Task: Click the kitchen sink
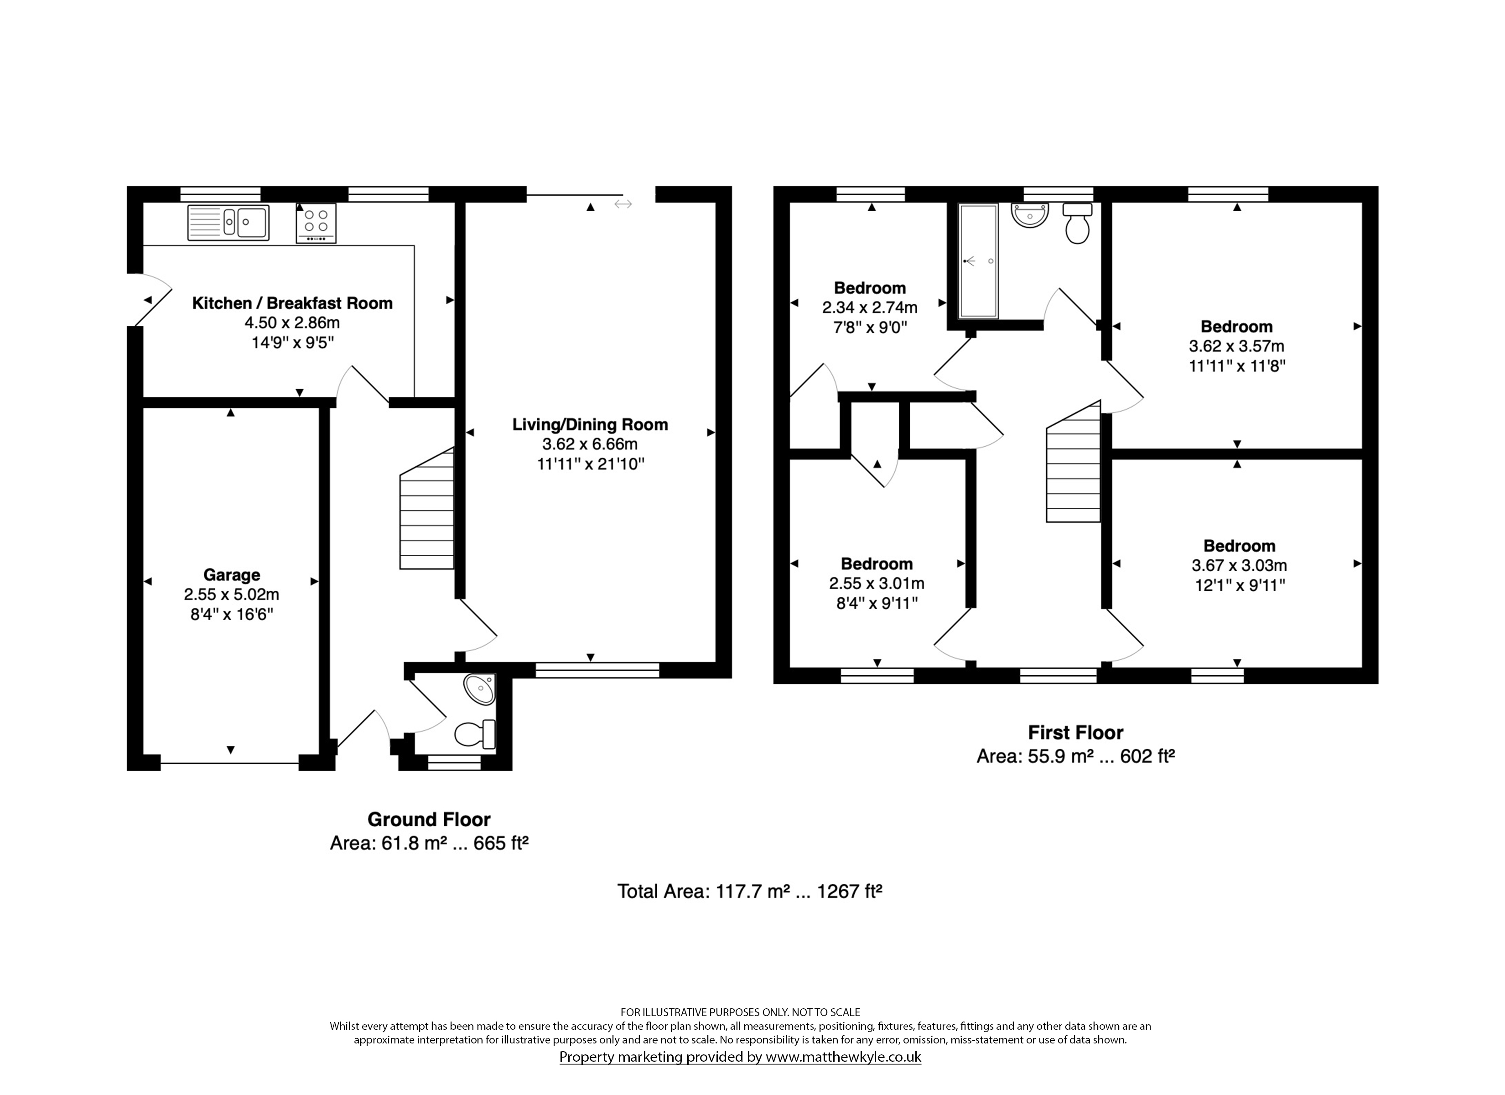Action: [x=228, y=223]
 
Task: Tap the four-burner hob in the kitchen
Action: [x=316, y=223]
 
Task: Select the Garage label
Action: [x=232, y=575]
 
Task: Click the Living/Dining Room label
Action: [x=590, y=425]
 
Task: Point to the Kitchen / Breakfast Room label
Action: [x=292, y=303]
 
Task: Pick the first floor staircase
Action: [x=1074, y=462]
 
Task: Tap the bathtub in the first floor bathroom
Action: [x=978, y=261]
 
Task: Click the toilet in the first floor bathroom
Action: [x=1077, y=223]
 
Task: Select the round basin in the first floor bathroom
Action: [x=1029, y=215]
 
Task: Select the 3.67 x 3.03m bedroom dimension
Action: [x=1240, y=566]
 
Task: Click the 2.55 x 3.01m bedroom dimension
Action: [x=877, y=584]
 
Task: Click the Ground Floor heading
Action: [x=429, y=819]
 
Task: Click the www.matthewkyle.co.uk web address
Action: [x=843, y=1057]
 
